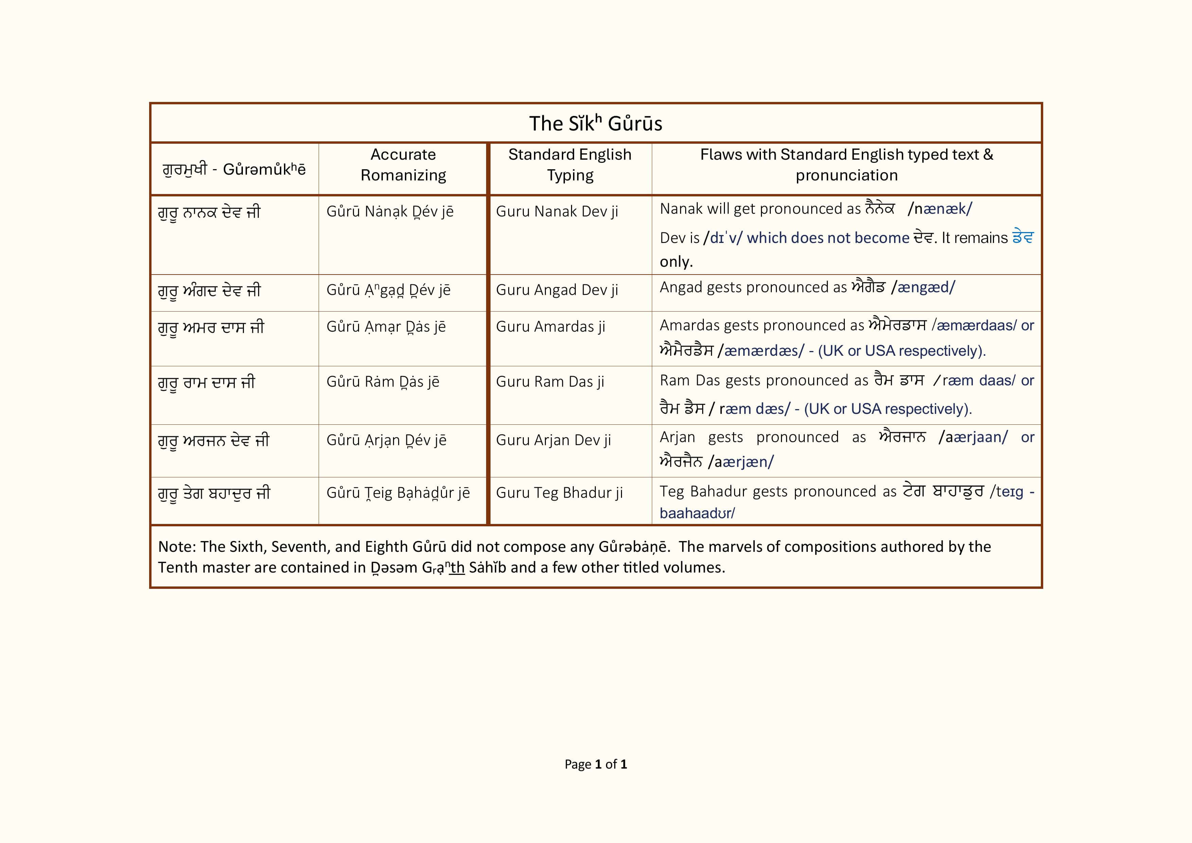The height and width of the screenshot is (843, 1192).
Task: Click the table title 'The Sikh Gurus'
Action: pos(595,124)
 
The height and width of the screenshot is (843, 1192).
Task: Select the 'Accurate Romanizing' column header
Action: pos(403,165)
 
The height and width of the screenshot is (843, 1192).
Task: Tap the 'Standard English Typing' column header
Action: pos(570,165)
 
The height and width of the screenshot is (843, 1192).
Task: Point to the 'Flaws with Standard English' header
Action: pos(846,165)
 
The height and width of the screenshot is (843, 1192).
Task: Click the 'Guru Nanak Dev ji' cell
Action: pos(556,211)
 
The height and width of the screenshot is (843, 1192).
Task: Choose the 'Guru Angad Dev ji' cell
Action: pos(556,290)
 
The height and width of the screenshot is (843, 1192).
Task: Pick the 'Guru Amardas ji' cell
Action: pos(550,327)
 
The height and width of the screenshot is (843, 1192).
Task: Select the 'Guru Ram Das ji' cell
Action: pos(550,382)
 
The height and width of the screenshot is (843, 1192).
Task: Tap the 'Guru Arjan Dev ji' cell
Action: pos(553,440)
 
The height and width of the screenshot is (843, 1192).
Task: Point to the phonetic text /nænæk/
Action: pos(940,209)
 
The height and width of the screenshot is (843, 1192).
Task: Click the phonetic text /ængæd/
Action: pos(923,287)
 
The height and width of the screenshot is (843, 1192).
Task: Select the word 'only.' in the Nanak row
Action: pos(676,262)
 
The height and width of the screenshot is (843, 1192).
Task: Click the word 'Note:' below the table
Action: pos(177,547)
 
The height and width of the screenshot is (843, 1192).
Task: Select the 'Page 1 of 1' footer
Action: pos(595,764)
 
